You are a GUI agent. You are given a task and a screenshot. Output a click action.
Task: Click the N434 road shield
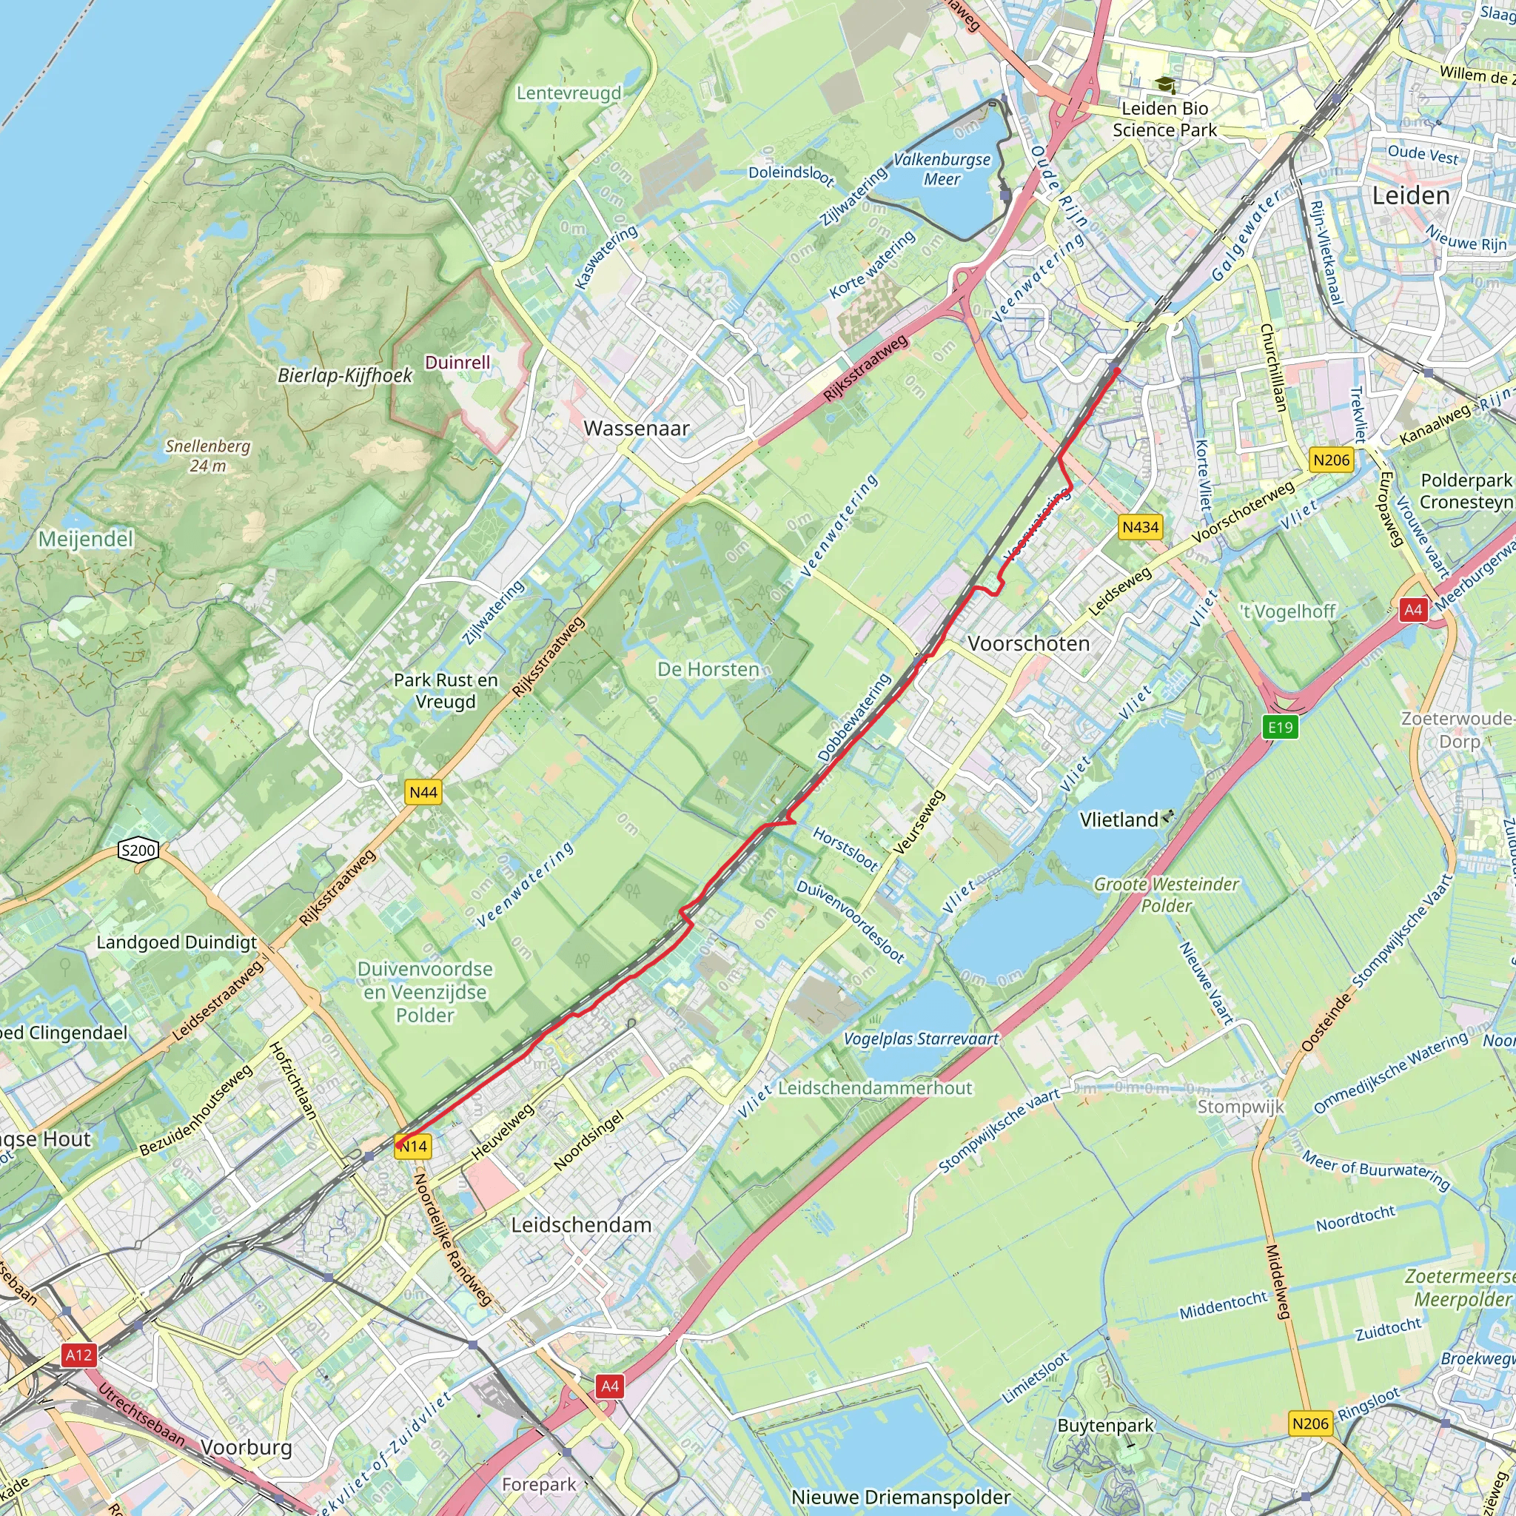coord(1140,527)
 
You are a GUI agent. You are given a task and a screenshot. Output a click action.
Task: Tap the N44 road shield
coord(423,792)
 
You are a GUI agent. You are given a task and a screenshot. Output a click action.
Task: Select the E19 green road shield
coord(1280,727)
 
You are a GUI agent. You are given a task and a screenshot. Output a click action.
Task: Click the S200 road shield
coord(138,850)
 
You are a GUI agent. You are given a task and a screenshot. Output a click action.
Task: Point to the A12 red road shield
coord(78,1355)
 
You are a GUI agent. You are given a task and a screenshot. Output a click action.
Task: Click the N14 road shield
coord(413,1147)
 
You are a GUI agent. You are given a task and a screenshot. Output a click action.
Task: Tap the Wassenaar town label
coord(637,429)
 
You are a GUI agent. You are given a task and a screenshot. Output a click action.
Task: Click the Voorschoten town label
coord(1028,643)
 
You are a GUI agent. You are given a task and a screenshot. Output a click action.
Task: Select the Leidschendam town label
coord(580,1225)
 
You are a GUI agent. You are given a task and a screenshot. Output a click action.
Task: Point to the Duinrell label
coord(457,363)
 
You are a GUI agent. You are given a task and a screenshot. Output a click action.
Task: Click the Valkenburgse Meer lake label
coord(942,170)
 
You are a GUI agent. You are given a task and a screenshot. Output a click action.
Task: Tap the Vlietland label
coord(1118,820)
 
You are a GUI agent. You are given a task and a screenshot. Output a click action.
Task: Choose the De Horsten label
coord(708,669)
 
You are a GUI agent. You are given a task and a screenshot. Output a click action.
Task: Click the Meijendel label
coord(86,539)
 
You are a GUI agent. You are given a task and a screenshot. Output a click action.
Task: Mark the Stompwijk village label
coord(1241,1107)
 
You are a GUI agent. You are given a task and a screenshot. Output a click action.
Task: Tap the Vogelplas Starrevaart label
coord(920,1039)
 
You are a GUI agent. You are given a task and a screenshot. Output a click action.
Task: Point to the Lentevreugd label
coord(568,93)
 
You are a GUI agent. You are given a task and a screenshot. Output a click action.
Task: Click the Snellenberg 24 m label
coord(207,456)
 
